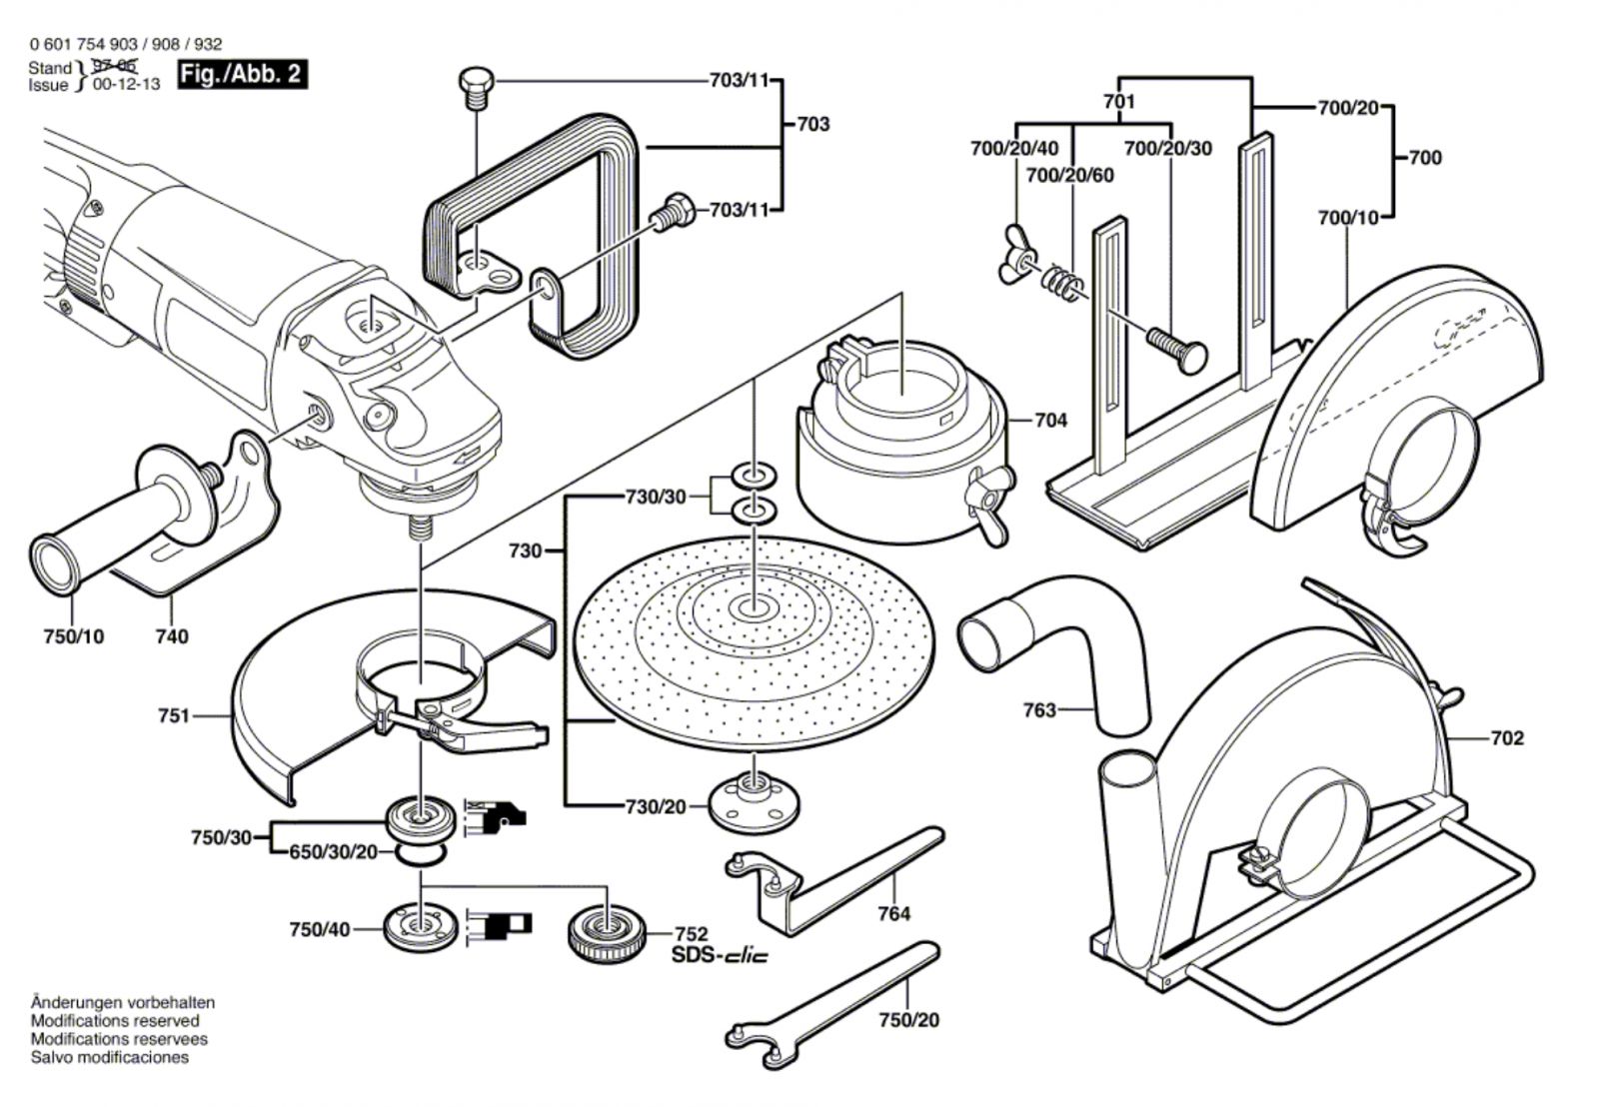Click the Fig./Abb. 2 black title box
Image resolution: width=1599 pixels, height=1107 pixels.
point(242,75)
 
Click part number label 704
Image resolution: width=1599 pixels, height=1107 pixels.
point(1050,421)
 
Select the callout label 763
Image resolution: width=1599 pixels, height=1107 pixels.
point(1039,710)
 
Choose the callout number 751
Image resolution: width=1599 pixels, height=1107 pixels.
point(174,715)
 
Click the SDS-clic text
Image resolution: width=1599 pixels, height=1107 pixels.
point(720,956)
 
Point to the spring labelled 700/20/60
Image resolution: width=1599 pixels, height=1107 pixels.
point(1060,282)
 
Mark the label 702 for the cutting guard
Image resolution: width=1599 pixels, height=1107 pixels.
point(1507,738)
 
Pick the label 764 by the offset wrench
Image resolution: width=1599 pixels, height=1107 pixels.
point(894,913)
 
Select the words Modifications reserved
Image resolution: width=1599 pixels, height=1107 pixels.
point(115,1021)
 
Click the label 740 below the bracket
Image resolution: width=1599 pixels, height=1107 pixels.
point(172,636)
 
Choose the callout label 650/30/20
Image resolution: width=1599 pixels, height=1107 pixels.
point(334,852)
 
